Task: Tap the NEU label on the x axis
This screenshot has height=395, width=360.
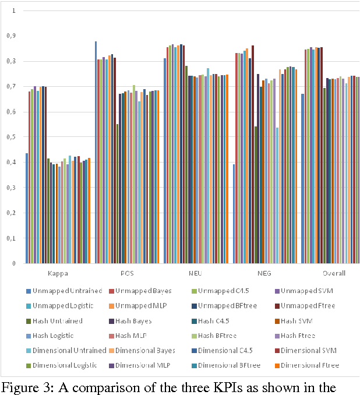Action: pyautogui.click(x=196, y=273)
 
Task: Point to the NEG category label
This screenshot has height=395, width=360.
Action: pyautogui.click(x=265, y=273)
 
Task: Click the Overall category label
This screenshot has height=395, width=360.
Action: pyautogui.click(x=334, y=273)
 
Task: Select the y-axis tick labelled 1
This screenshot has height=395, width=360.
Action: pyautogui.click(x=13, y=11)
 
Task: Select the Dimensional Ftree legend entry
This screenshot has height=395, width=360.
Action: pyautogui.click(x=309, y=365)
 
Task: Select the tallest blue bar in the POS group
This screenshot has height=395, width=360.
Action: pyautogui.click(x=96, y=152)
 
